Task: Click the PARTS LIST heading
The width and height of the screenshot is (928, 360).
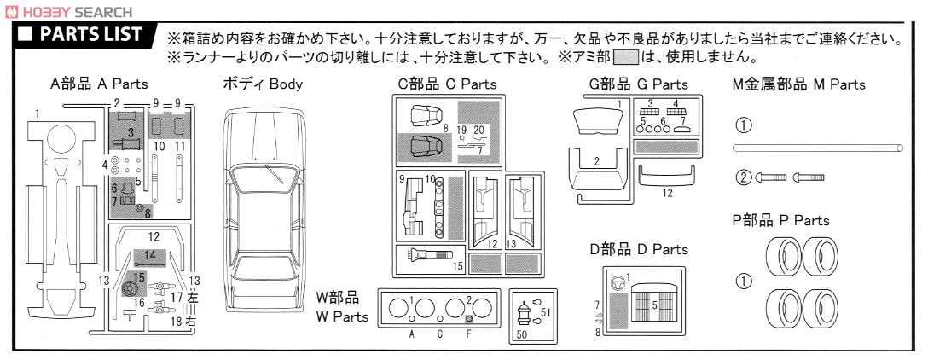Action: point(90,34)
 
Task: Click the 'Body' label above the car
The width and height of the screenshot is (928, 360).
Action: point(262,84)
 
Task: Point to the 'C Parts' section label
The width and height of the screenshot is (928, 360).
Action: point(446,84)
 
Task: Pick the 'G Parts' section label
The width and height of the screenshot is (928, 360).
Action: point(639,84)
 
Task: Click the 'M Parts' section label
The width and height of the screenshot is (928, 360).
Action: point(798,84)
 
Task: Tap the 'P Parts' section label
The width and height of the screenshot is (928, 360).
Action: point(780,220)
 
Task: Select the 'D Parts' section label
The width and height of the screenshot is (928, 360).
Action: point(639,249)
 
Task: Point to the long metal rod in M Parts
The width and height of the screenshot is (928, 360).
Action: point(817,148)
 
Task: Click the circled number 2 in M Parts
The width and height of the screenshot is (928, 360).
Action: point(744,177)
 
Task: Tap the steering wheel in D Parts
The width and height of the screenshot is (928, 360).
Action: point(618,282)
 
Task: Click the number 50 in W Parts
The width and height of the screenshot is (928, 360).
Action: point(521,334)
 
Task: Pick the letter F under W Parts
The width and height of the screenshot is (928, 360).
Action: point(469,334)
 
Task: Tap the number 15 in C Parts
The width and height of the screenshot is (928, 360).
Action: point(457,266)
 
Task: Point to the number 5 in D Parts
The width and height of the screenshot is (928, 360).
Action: point(654,305)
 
